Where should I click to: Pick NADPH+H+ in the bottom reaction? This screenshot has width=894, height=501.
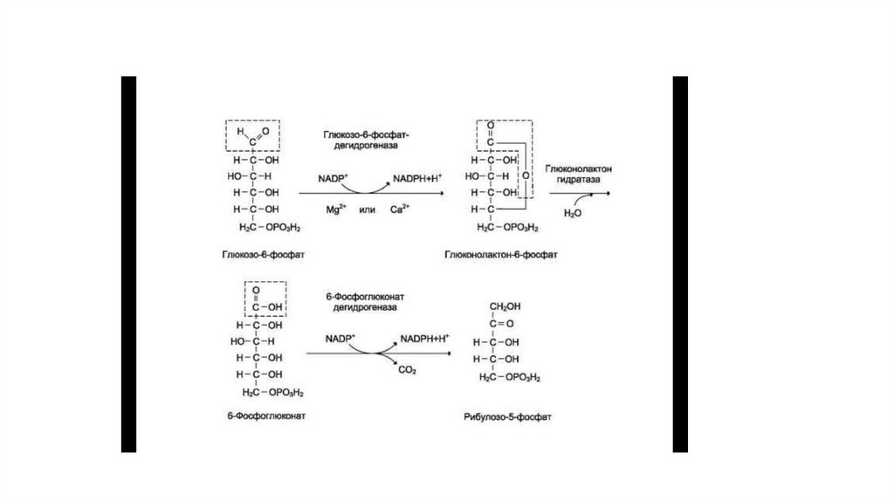424,338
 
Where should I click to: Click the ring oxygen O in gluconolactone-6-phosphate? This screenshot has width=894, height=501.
526,175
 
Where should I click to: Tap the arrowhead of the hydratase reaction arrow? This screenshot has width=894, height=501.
609,192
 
